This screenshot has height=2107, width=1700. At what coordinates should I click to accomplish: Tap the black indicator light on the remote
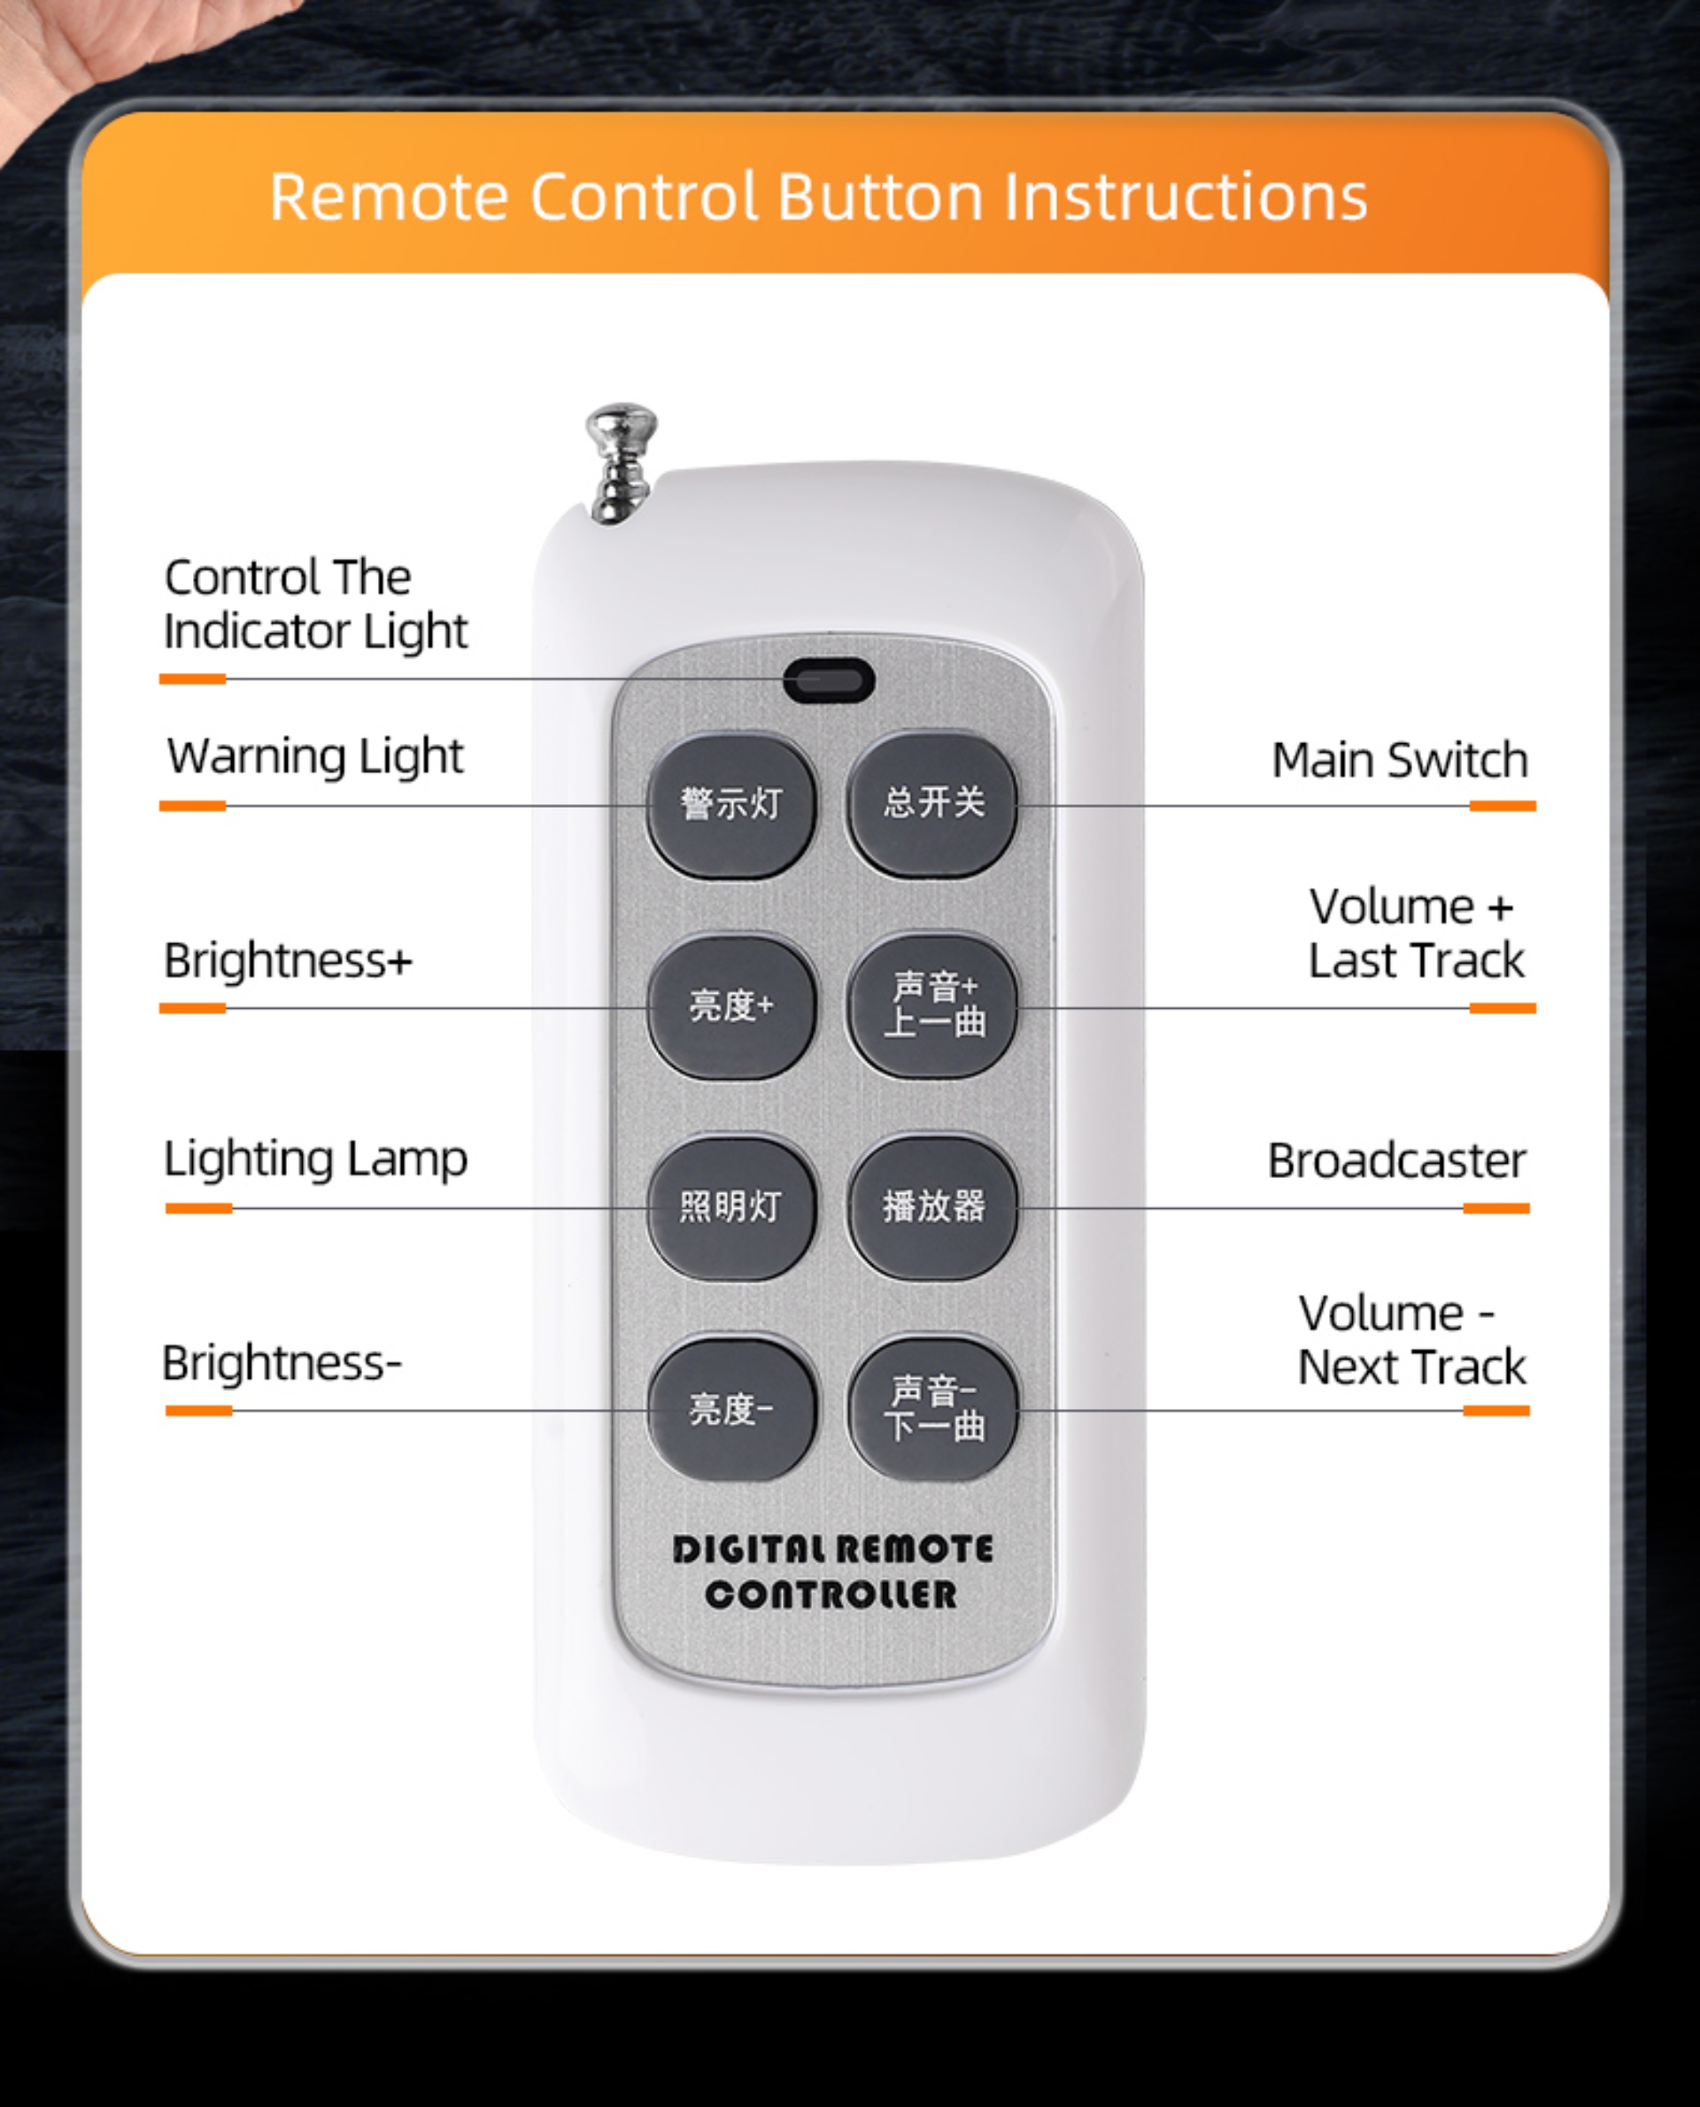[x=829, y=680]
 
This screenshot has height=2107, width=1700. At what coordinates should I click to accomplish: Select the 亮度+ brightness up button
[x=730, y=1006]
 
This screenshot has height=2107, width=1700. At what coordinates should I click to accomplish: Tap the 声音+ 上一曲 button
[x=933, y=1005]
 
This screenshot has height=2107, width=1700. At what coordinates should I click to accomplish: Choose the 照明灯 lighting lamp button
[x=730, y=1207]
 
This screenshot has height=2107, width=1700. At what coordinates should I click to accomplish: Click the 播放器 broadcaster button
[x=933, y=1207]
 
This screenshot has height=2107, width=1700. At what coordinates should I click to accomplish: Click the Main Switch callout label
[x=1399, y=760]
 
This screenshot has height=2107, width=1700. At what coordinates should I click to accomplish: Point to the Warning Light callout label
[x=315, y=757]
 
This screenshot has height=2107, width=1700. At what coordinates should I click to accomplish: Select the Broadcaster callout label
[x=1396, y=1161]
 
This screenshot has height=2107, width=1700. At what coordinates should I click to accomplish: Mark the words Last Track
[x=1417, y=960]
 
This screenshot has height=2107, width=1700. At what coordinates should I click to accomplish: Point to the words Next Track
[x=1412, y=1367]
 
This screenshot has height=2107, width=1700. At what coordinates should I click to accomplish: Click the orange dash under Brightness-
[x=199, y=1411]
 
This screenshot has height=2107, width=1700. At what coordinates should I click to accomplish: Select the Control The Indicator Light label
[x=315, y=604]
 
